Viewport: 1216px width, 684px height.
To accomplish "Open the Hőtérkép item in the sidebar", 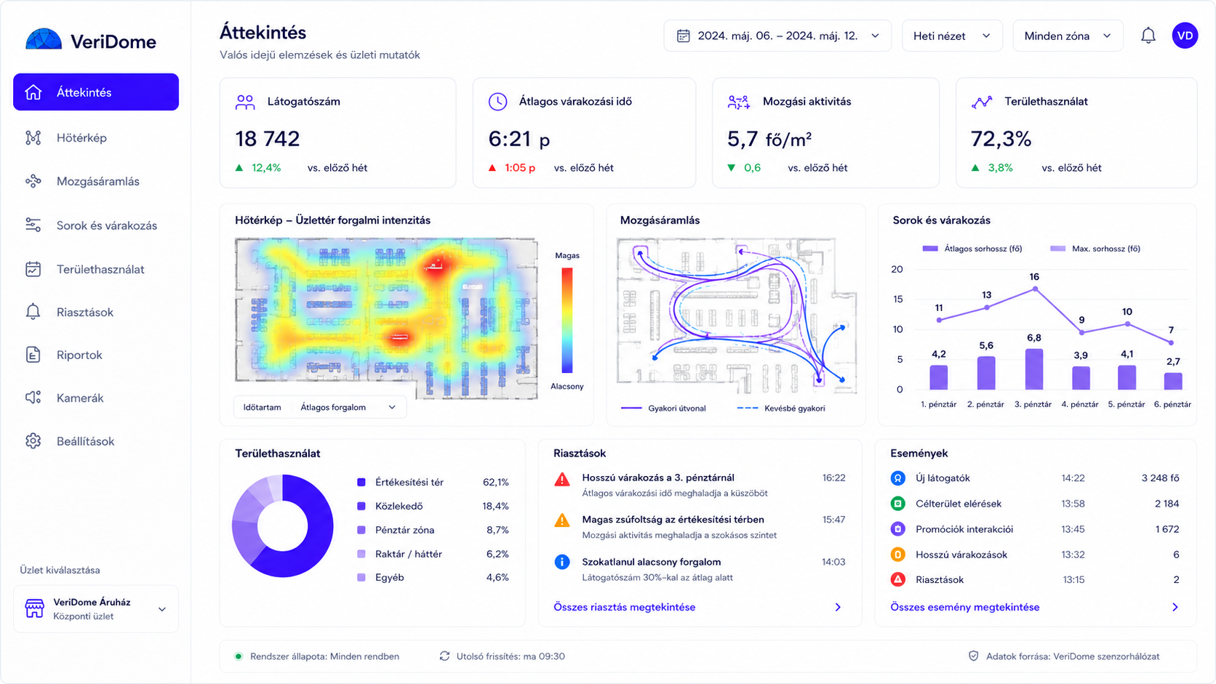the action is click(x=81, y=138).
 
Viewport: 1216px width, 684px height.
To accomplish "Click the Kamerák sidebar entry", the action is click(x=80, y=398).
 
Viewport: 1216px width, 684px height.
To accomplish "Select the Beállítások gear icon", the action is click(x=33, y=441).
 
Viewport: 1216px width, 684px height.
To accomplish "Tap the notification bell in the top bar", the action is click(x=1148, y=36).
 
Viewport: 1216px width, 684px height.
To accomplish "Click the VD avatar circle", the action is click(x=1185, y=36).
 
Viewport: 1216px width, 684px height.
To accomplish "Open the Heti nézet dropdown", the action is click(x=951, y=36).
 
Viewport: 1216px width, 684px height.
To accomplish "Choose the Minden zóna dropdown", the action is click(x=1068, y=36).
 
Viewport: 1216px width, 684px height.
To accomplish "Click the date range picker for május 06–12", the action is click(x=777, y=36).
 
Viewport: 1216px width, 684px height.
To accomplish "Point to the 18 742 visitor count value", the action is click(x=267, y=139).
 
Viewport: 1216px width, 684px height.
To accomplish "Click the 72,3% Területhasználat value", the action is click(x=1001, y=139).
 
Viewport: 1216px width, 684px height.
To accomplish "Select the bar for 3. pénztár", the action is click(x=1033, y=369).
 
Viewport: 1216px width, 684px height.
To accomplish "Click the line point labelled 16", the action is click(x=1035, y=289).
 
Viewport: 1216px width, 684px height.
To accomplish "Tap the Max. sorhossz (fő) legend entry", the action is click(x=1095, y=249).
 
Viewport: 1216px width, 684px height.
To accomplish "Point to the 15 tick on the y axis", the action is click(x=897, y=299).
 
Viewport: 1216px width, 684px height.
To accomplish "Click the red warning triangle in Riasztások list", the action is click(x=562, y=480).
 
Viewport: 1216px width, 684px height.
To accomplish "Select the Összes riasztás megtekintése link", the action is click(x=624, y=607).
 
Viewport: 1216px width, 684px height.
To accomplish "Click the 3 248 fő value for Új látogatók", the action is click(x=1160, y=478).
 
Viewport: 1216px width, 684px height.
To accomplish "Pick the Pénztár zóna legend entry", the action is click(x=404, y=530).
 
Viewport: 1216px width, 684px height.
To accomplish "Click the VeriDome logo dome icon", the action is click(x=44, y=39).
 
